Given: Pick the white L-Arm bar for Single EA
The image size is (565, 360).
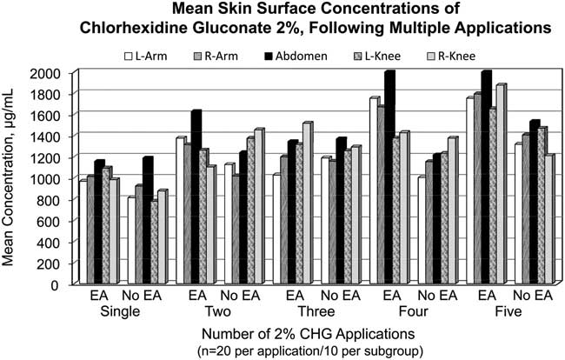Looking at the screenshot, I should coord(83,230).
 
